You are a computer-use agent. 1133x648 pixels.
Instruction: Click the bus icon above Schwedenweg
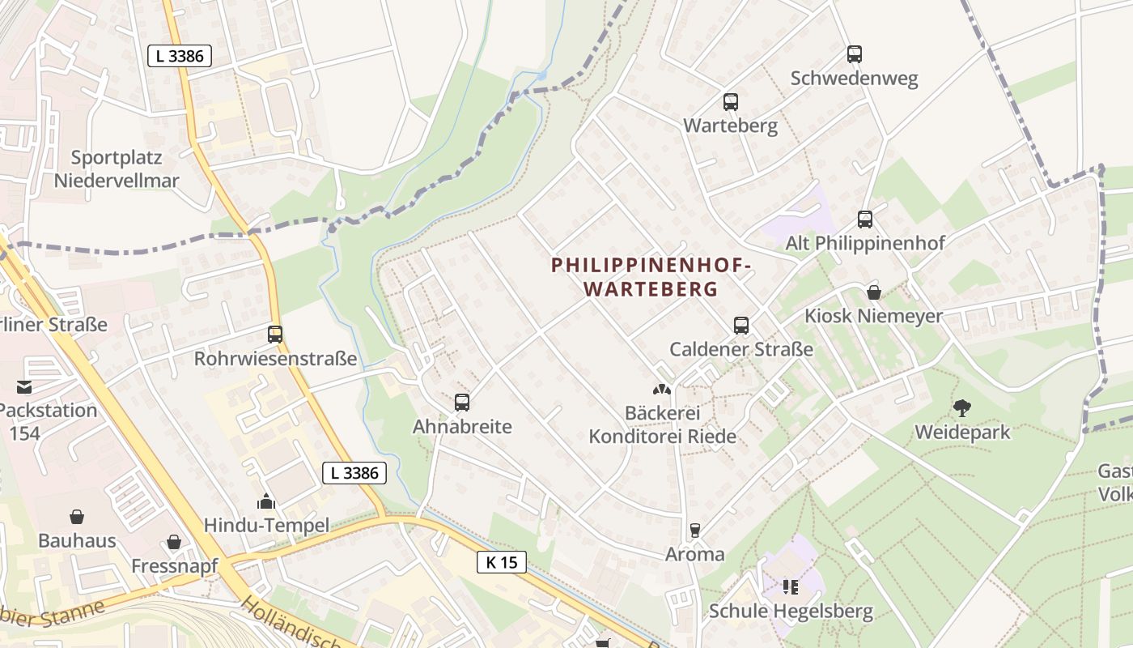tap(855, 54)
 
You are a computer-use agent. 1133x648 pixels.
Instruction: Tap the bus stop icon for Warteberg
tap(731, 102)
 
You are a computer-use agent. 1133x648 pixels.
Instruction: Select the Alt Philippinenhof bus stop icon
tap(865, 220)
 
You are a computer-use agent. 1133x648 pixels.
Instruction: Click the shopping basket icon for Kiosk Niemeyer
tap(874, 292)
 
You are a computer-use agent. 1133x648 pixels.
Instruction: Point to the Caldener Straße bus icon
tap(741, 326)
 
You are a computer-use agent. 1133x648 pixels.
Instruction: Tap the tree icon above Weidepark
tap(962, 408)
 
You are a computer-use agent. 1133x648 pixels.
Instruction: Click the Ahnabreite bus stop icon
tap(462, 403)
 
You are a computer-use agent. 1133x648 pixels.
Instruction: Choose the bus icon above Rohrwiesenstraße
tap(275, 335)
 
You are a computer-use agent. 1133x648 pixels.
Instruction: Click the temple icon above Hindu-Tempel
tap(266, 502)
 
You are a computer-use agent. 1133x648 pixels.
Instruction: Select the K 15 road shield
tap(502, 562)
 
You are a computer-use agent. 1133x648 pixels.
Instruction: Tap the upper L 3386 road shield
tap(180, 56)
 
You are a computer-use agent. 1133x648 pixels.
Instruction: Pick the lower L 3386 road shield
tap(354, 473)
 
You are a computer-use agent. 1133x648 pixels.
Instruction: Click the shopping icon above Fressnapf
tap(174, 542)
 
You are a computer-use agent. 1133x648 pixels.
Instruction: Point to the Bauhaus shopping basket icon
tap(77, 517)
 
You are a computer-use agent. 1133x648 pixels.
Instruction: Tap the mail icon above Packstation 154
tap(24, 387)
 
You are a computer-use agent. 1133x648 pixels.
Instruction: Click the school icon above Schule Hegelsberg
tap(791, 586)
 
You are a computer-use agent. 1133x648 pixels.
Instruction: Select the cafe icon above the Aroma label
tap(694, 531)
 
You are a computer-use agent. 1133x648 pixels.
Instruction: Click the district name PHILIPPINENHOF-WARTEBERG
tap(651, 276)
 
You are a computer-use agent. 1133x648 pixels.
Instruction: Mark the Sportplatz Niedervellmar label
tap(117, 168)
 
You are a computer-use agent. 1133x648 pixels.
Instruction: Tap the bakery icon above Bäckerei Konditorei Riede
tap(662, 390)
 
